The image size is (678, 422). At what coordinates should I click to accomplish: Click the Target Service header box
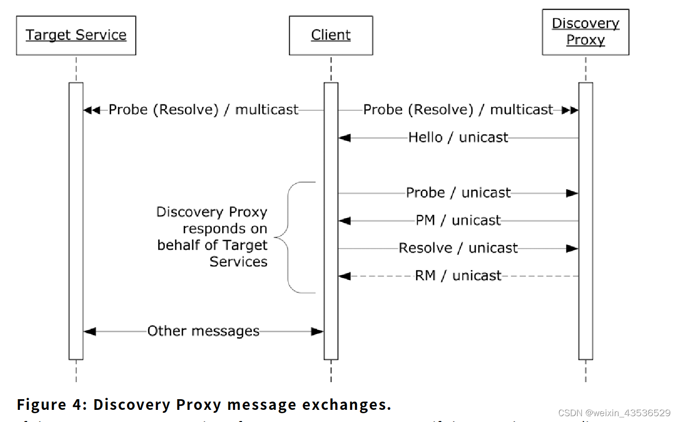[76, 35]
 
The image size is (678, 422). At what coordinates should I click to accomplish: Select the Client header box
[331, 35]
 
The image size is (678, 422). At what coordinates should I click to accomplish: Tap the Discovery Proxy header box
[585, 32]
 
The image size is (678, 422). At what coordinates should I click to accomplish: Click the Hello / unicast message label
[458, 137]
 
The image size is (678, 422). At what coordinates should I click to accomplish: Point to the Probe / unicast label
[458, 193]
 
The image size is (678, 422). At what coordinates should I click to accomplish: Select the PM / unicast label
[458, 220]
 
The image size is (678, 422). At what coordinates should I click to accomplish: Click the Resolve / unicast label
[458, 248]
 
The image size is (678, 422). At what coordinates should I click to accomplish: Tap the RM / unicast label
[458, 276]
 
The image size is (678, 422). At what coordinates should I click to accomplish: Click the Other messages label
[203, 331]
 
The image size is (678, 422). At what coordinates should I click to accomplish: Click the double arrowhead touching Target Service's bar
[92, 110]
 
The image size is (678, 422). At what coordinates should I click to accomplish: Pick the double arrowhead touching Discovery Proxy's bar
[570, 110]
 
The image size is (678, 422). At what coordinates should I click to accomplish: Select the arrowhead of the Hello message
[344, 138]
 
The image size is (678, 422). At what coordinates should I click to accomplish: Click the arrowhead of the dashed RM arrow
[344, 276]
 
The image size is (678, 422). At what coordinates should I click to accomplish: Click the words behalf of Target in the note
[212, 245]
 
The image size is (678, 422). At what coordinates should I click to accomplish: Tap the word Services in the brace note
[238, 262]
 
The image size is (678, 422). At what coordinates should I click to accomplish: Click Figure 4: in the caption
[51, 405]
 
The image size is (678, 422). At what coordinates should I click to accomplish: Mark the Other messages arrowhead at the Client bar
[317, 332]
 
